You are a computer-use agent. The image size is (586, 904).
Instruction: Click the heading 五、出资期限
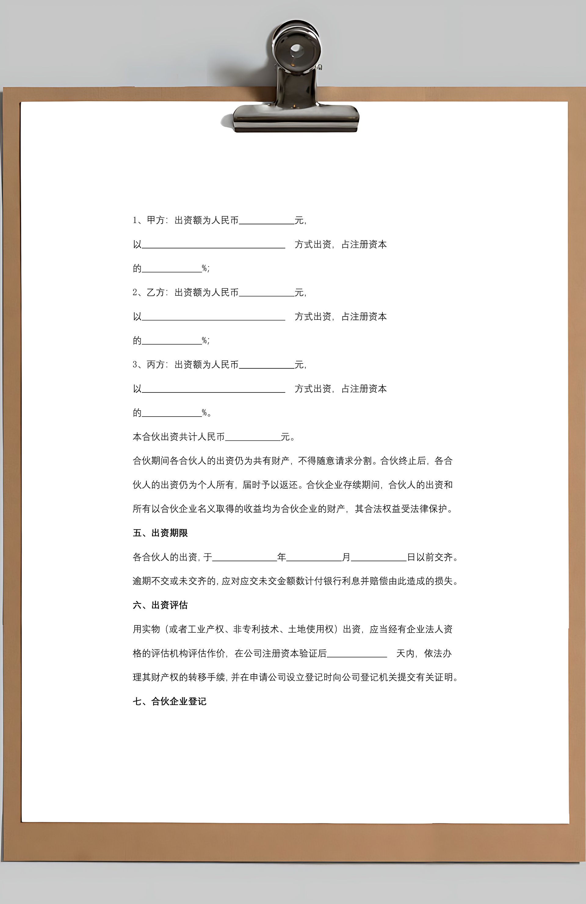[160, 533]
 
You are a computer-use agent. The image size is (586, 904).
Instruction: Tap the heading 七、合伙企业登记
[169, 701]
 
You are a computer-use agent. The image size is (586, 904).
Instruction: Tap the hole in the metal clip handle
[296, 50]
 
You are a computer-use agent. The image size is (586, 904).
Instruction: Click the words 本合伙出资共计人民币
[179, 437]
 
